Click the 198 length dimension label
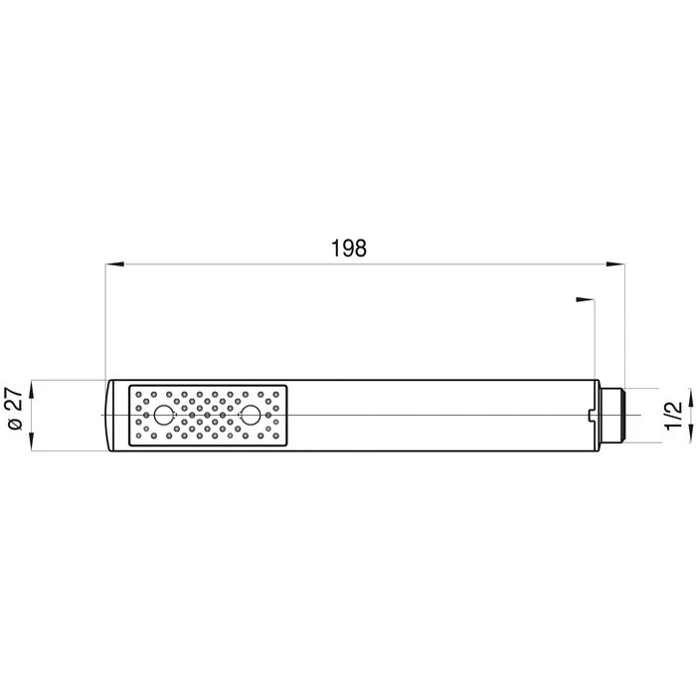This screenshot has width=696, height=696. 349,249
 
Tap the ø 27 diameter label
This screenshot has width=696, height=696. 16,409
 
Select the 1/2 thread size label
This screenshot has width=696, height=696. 673,415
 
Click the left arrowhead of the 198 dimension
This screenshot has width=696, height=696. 114,264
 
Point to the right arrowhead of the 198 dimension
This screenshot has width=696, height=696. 615,264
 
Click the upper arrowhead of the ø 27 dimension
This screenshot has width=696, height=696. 31,389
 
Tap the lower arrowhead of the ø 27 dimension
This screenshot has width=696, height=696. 31,442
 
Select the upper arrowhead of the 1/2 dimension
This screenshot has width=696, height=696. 691,397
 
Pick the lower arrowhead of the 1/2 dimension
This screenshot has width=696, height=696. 691,434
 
